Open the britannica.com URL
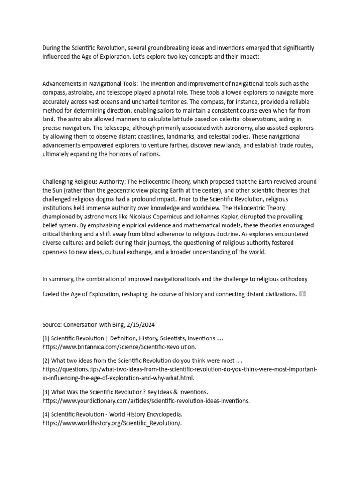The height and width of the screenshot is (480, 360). (119, 347)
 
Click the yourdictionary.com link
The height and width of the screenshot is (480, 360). (146, 400)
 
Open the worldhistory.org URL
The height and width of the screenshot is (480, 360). (112, 423)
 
